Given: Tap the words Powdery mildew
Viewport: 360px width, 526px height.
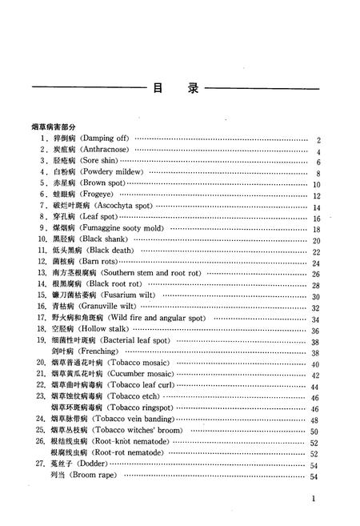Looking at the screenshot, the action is tap(112, 172).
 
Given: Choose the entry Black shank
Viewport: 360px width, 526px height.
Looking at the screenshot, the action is tap(106, 239).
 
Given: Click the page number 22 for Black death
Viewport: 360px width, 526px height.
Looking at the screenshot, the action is tap(316, 251).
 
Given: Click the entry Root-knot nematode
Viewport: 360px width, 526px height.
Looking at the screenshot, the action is tap(130, 441).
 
